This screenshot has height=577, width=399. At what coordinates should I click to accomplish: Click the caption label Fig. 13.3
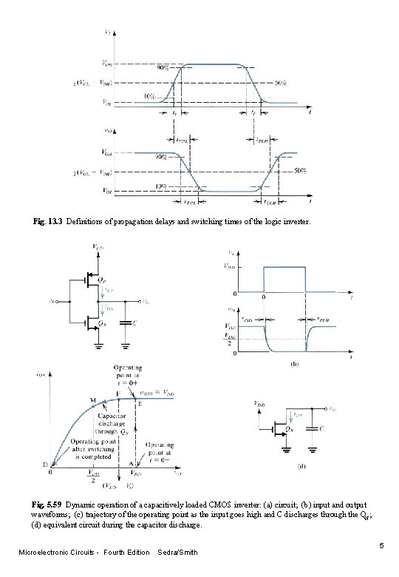coord(49,221)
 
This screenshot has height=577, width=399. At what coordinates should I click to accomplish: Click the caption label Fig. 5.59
coord(48,503)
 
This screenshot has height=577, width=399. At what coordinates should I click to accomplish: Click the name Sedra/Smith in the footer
coord(177,553)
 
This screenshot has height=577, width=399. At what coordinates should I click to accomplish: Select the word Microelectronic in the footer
coord(45,553)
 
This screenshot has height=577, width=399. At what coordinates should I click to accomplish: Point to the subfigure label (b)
coord(294,365)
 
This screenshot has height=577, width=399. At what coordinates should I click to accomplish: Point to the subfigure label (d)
coord(301,466)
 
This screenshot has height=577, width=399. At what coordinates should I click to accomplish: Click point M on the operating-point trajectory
coord(93,399)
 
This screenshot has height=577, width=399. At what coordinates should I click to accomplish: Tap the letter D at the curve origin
coord(44,465)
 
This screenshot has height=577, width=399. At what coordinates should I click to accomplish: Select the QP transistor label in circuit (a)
coord(106,282)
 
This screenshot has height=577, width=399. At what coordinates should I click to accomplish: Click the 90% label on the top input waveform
coord(161,67)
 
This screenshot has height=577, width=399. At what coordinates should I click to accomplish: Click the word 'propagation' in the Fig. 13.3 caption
coord(145,221)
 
